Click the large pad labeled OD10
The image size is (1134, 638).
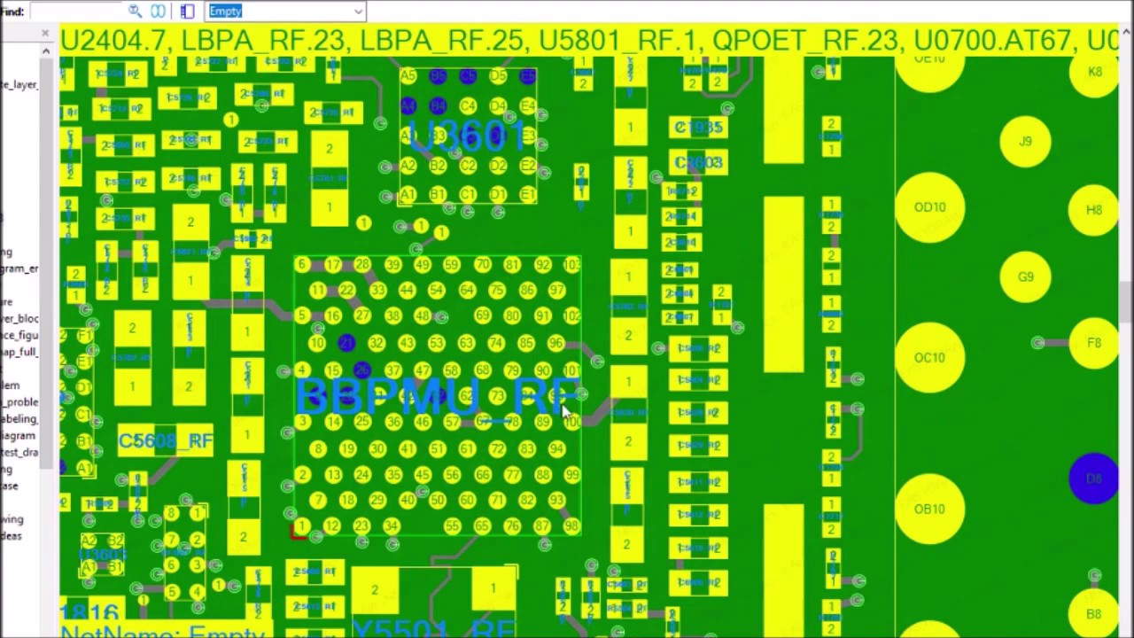[929, 207]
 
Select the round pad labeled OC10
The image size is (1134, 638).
[929, 358]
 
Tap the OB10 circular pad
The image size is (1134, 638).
[929, 510]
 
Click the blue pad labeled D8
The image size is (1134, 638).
[1094, 479]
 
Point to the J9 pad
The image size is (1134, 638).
[1025, 141]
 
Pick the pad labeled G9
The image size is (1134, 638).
[1025, 277]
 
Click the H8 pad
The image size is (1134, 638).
[1094, 210]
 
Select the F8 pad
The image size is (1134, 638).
[1094, 343]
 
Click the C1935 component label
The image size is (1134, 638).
[698, 128]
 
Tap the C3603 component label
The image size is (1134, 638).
[698, 163]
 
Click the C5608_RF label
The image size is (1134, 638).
[166, 441]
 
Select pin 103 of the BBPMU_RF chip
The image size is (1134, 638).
[571, 265]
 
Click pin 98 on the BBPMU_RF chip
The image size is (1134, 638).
[571, 526]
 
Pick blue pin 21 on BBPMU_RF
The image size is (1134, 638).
[346, 343]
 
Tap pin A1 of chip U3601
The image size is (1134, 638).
[408, 195]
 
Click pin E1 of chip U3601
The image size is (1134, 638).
[527, 195]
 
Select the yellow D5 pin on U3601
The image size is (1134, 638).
[498, 77]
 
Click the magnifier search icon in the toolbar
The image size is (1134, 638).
[135, 11]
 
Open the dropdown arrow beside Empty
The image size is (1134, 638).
[358, 12]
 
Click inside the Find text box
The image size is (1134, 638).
[75, 12]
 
